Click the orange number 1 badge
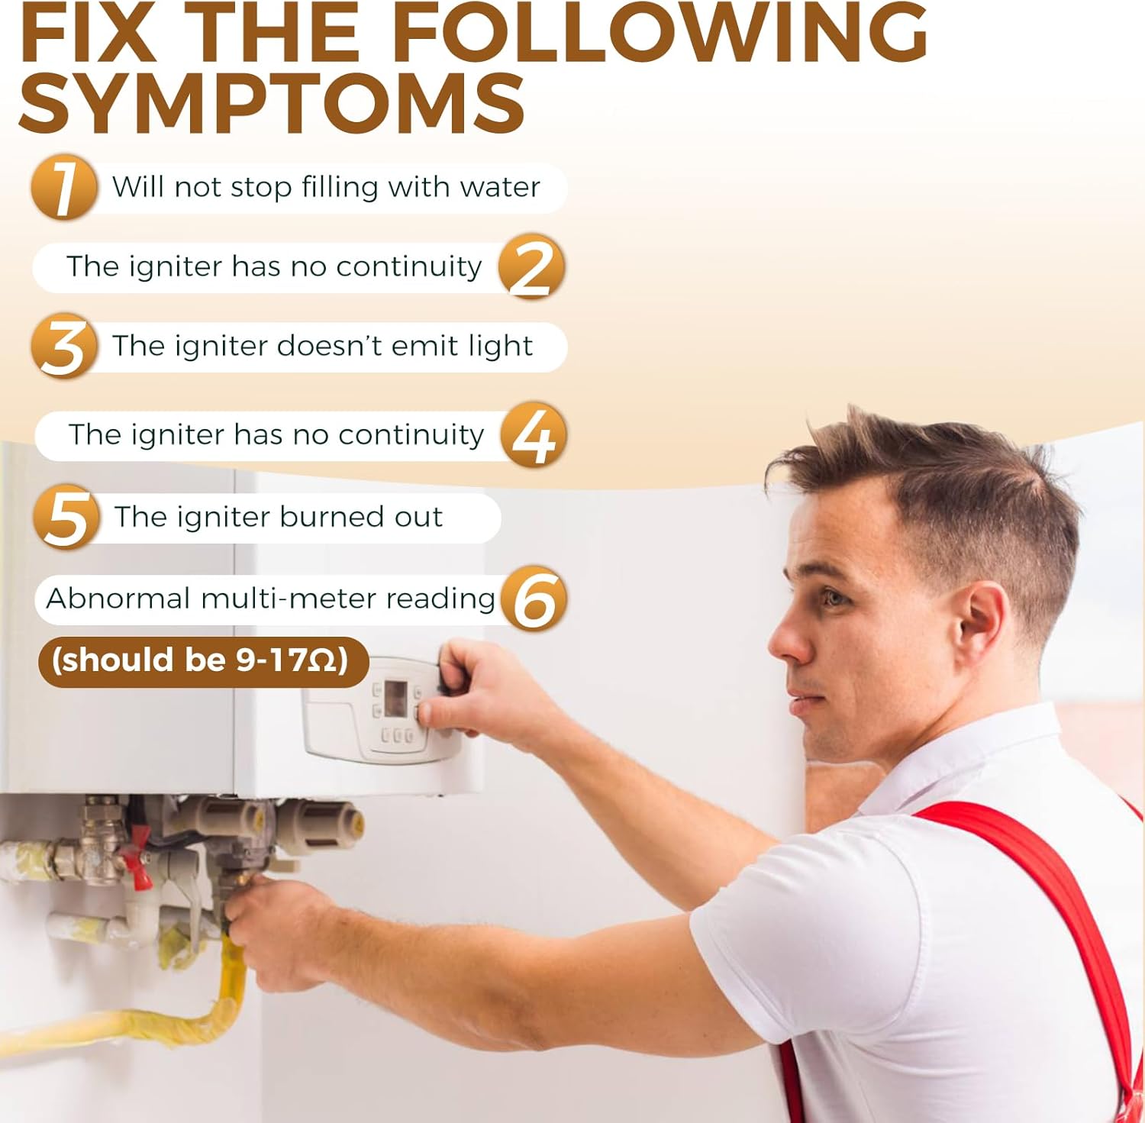(x=64, y=187)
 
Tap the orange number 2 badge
(x=531, y=266)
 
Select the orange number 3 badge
(x=64, y=346)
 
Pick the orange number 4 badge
(x=534, y=435)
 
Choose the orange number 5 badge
(x=66, y=517)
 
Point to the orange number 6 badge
(x=534, y=599)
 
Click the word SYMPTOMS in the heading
(x=272, y=103)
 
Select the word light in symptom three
(x=500, y=346)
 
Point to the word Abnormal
(x=118, y=599)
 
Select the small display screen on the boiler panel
(x=395, y=699)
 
